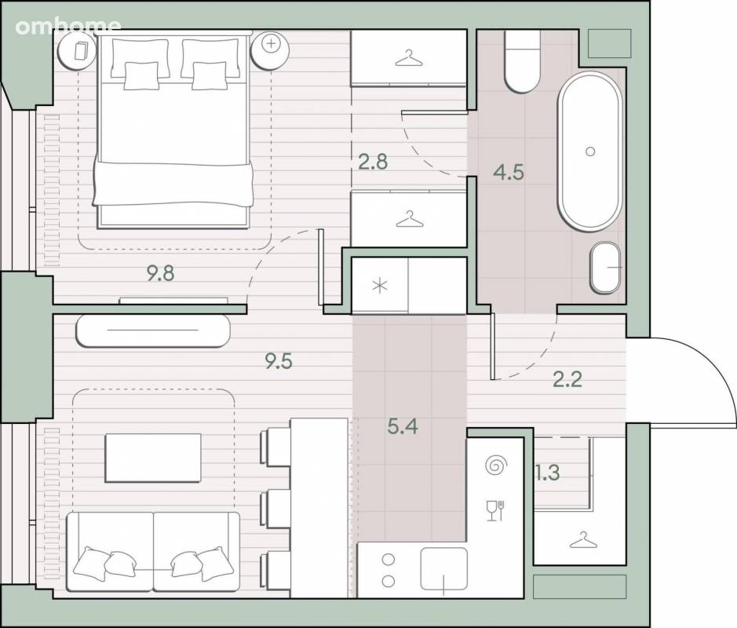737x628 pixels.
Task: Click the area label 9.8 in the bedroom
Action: pos(161,273)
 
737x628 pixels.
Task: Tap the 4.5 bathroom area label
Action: pos(509,172)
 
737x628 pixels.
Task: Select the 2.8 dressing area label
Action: pos(373,162)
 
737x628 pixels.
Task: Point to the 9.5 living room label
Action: pos(279,361)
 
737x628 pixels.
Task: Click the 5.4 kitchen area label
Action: pos(403,426)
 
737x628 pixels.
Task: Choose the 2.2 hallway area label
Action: pos(567,379)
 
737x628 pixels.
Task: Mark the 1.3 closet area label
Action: pos(548,473)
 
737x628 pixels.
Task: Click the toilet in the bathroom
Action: pos(522,61)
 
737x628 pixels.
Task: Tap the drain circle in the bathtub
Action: pos(590,152)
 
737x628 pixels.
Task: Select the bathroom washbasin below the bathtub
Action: pos(607,268)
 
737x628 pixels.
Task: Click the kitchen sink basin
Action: pos(444,569)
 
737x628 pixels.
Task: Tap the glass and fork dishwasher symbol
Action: pos(495,510)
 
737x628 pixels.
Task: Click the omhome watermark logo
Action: pos(68,27)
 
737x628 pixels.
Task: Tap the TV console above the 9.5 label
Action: pos(153,330)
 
